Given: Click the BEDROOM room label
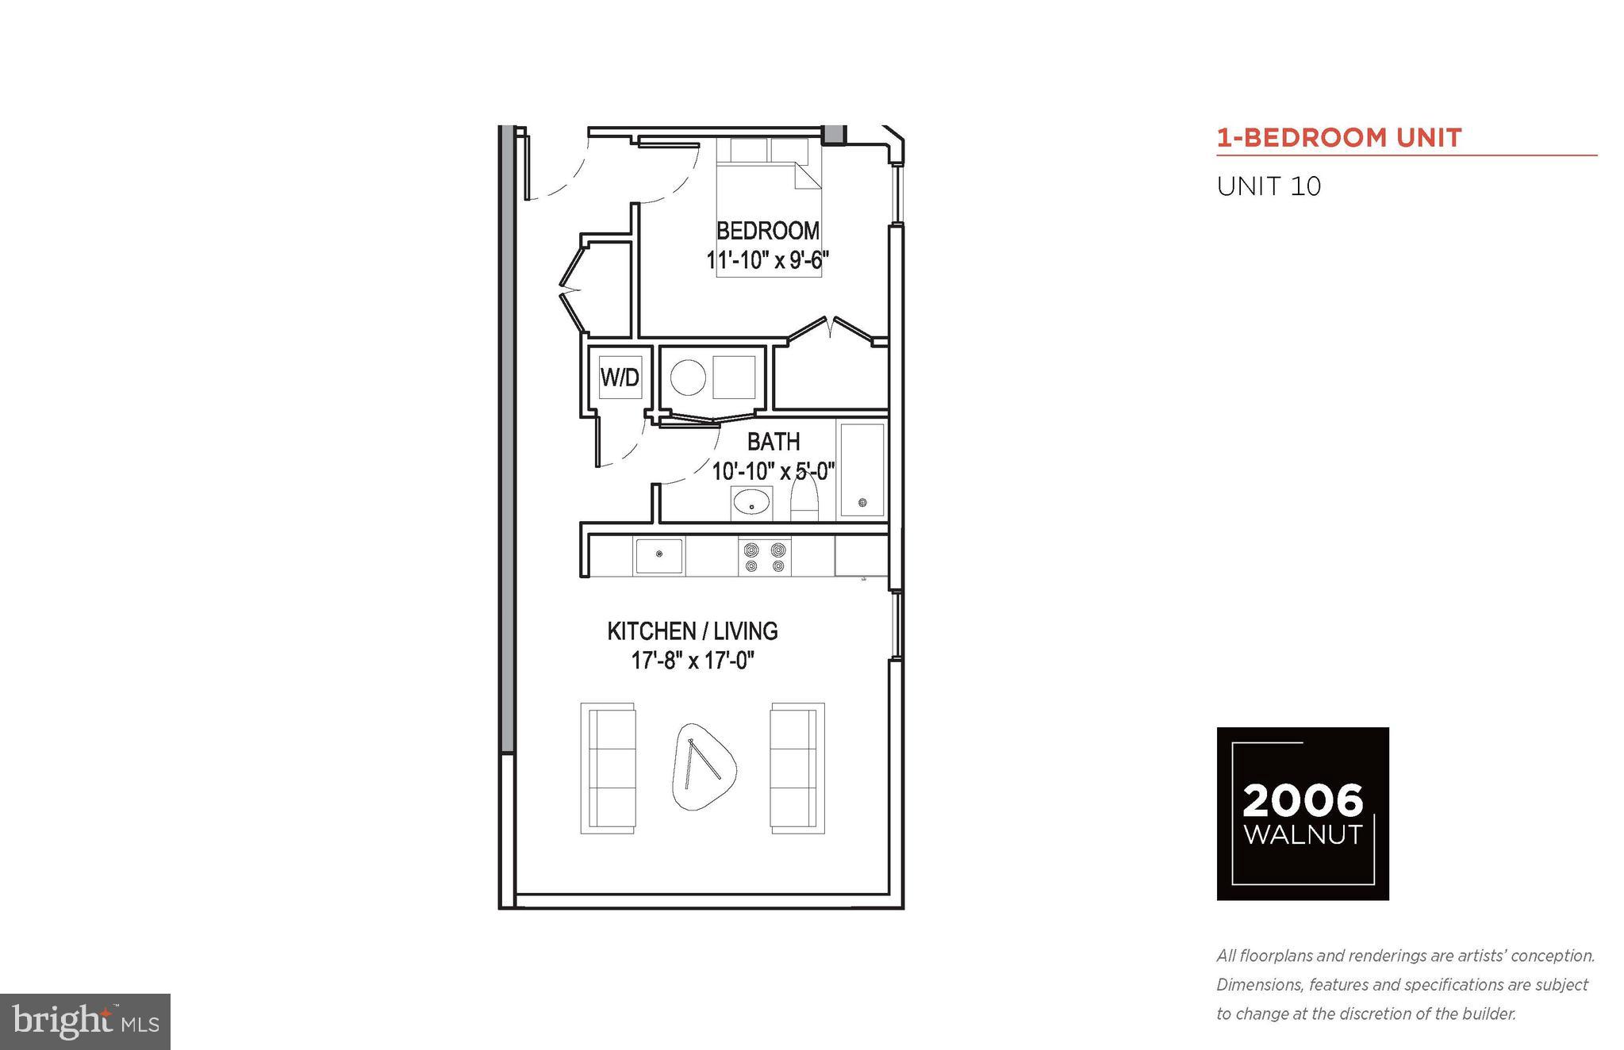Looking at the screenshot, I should (767, 231).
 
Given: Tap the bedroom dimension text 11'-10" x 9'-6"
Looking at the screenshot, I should (767, 260).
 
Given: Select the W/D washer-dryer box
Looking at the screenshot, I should (620, 377).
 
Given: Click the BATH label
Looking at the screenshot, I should (774, 442).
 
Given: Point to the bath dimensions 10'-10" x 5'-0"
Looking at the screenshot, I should (773, 471).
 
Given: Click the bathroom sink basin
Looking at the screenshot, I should (751, 504).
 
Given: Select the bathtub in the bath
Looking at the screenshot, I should (862, 469).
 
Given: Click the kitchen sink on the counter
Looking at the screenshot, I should (658, 555).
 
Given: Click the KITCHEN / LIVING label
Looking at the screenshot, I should (692, 631).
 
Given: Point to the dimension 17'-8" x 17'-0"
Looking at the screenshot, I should (692, 661).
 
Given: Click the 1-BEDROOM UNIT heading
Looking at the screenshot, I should (1339, 138).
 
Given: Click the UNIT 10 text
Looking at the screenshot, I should (1269, 186).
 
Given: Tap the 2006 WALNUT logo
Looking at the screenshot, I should (1303, 813).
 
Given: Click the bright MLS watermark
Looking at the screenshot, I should (85, 1021).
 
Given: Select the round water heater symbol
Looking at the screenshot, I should (688, 377).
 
